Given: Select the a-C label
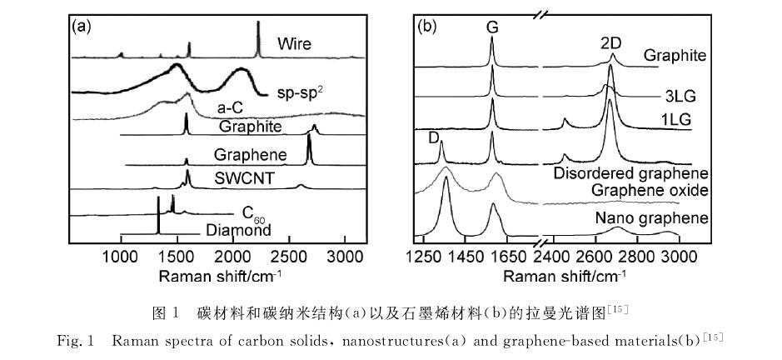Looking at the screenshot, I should pos(231,107).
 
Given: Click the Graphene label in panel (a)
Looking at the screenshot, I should pos(250,155).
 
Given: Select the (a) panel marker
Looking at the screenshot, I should pos(82,26).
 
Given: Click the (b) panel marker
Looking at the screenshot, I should pos(427,26).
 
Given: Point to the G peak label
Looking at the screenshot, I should pos(492,28).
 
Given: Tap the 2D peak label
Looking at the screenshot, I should pos(610,42).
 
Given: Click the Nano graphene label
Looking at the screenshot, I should pos(651,219).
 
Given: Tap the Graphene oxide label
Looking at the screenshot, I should pos(655,190).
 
